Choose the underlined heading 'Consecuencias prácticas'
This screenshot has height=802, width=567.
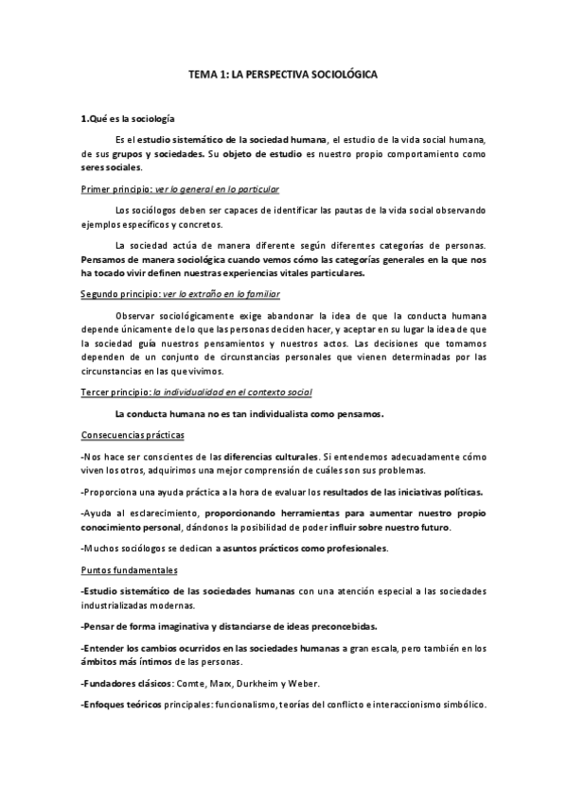[133, 435]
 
